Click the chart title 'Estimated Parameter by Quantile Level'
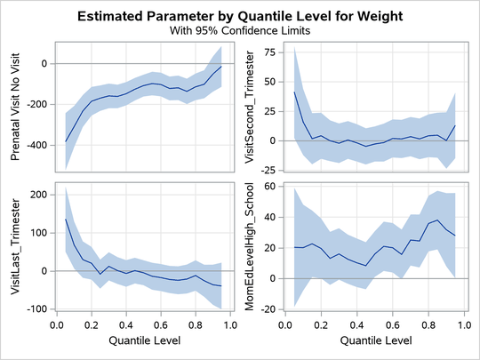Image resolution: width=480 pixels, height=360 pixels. (240, 15)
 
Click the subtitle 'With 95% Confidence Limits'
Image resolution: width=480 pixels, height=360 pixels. (240, 29)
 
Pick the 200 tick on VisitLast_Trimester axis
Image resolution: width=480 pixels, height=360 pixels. (37, 194)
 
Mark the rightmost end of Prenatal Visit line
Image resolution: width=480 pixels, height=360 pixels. (221, 67)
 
